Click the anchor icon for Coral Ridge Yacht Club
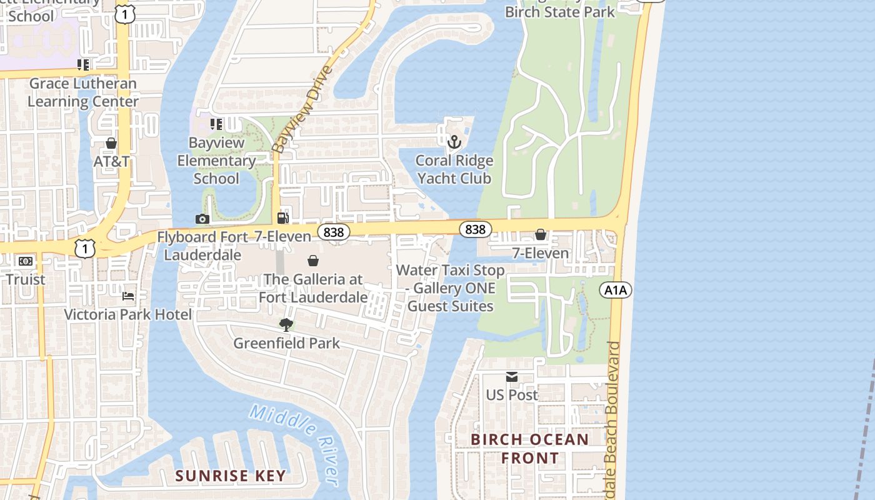coord(454,142)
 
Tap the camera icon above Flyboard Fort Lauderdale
coord(202,219)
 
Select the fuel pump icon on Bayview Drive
coord(282,218)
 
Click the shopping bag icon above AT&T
coord(111,143)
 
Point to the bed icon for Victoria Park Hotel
coord(128,296)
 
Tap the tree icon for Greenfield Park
coord(286,324)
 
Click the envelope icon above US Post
coord(512,376)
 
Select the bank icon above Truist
coord(26,261)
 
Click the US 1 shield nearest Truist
coord(85,249)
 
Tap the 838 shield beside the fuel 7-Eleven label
coord(333,232)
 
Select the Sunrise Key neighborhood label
coord(230,476)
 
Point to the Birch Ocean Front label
coord(529,448)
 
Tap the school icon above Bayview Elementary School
coord(216,124)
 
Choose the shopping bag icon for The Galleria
coord(313,261)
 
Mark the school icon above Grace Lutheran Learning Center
coord(83,64)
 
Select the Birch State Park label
coord(559,12)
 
